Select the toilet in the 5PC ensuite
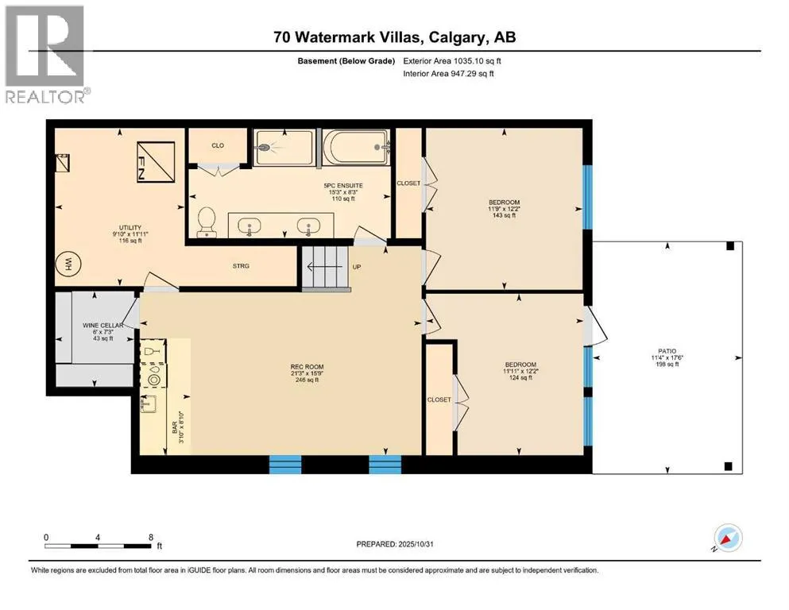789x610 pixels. pos(207,222)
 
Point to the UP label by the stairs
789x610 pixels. pos(357,267)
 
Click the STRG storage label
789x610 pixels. pos(242,266)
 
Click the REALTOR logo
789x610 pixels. pos(45,56)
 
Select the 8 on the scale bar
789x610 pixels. pos(150,537)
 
